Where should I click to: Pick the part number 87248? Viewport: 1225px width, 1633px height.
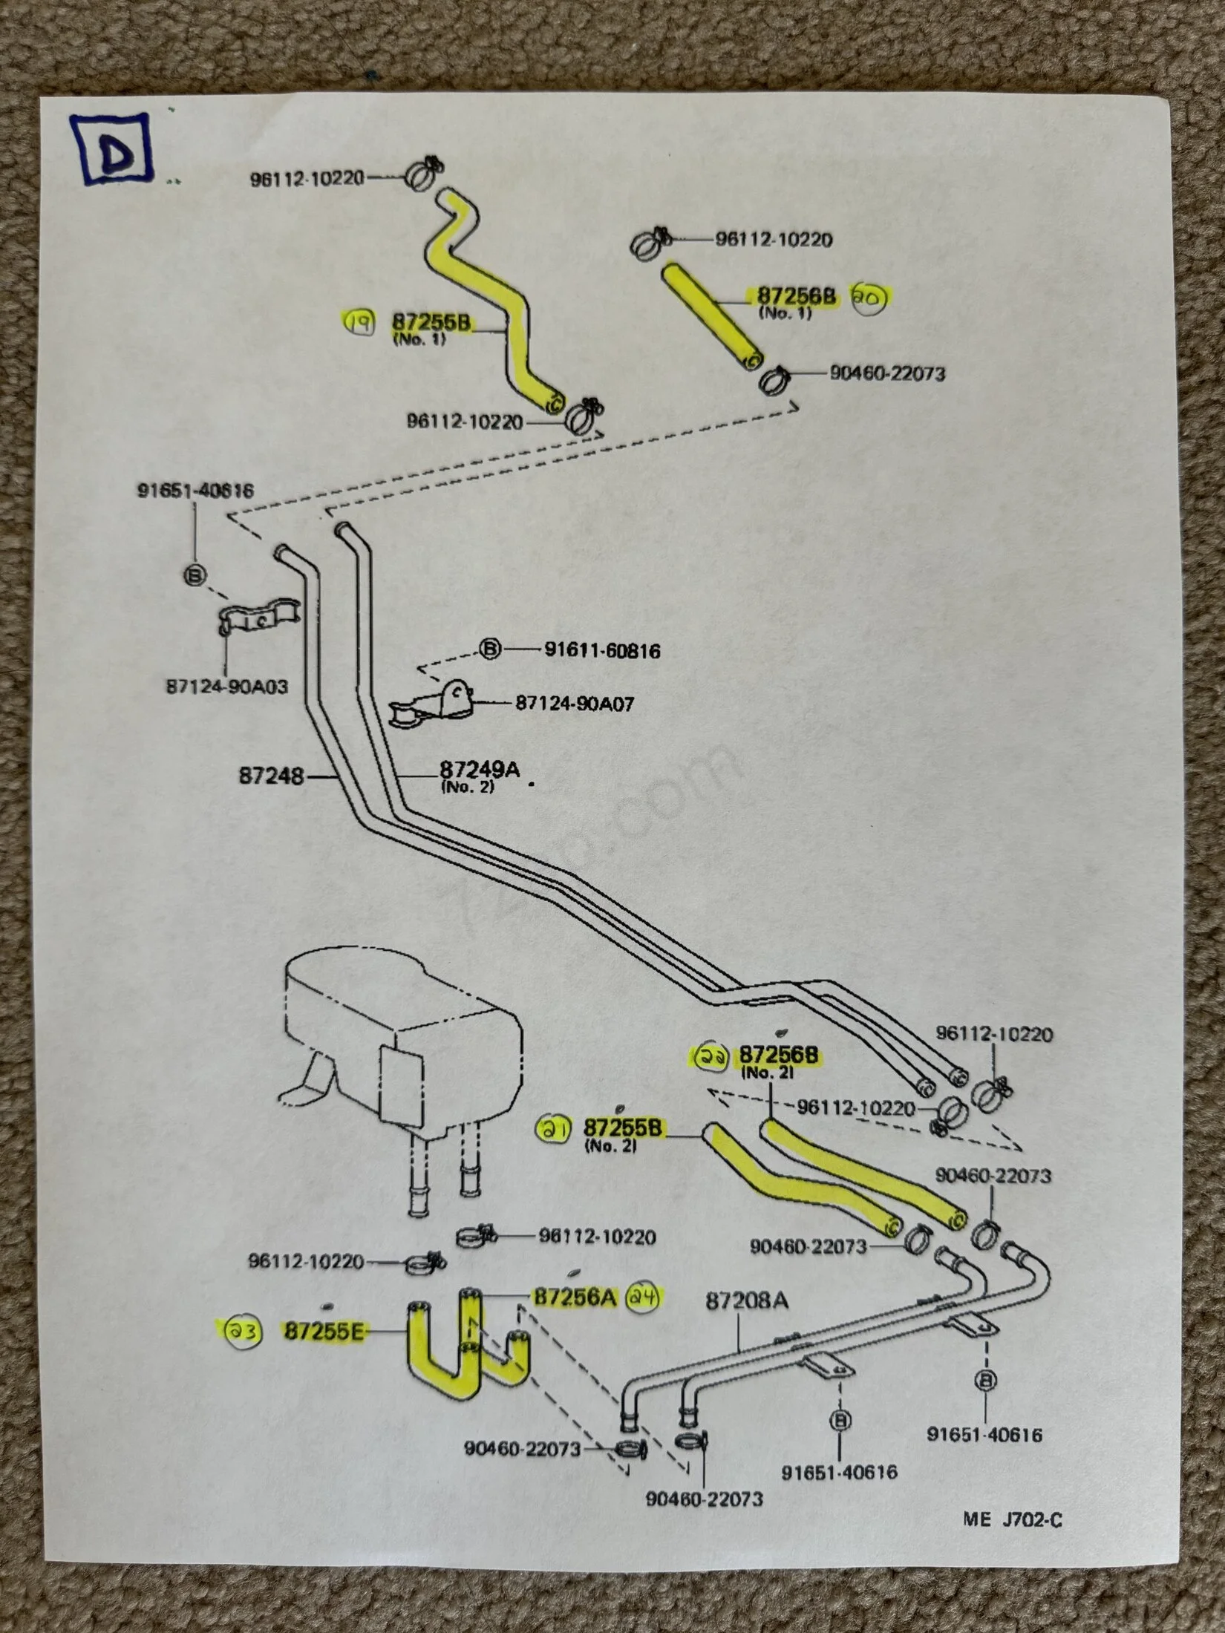coord(271,776)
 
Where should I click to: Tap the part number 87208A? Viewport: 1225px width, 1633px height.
coord(747,1300)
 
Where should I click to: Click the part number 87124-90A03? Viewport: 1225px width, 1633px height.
coord(226,687)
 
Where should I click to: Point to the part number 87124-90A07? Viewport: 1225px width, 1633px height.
coord(575,703)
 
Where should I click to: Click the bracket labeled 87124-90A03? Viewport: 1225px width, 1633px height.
coord(258,618)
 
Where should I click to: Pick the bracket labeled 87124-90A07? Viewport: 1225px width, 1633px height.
coord(434,704)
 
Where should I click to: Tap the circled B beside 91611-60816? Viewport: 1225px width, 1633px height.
coord(489,649)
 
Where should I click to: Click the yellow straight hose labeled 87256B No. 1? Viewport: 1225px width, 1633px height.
coord(710,314)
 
